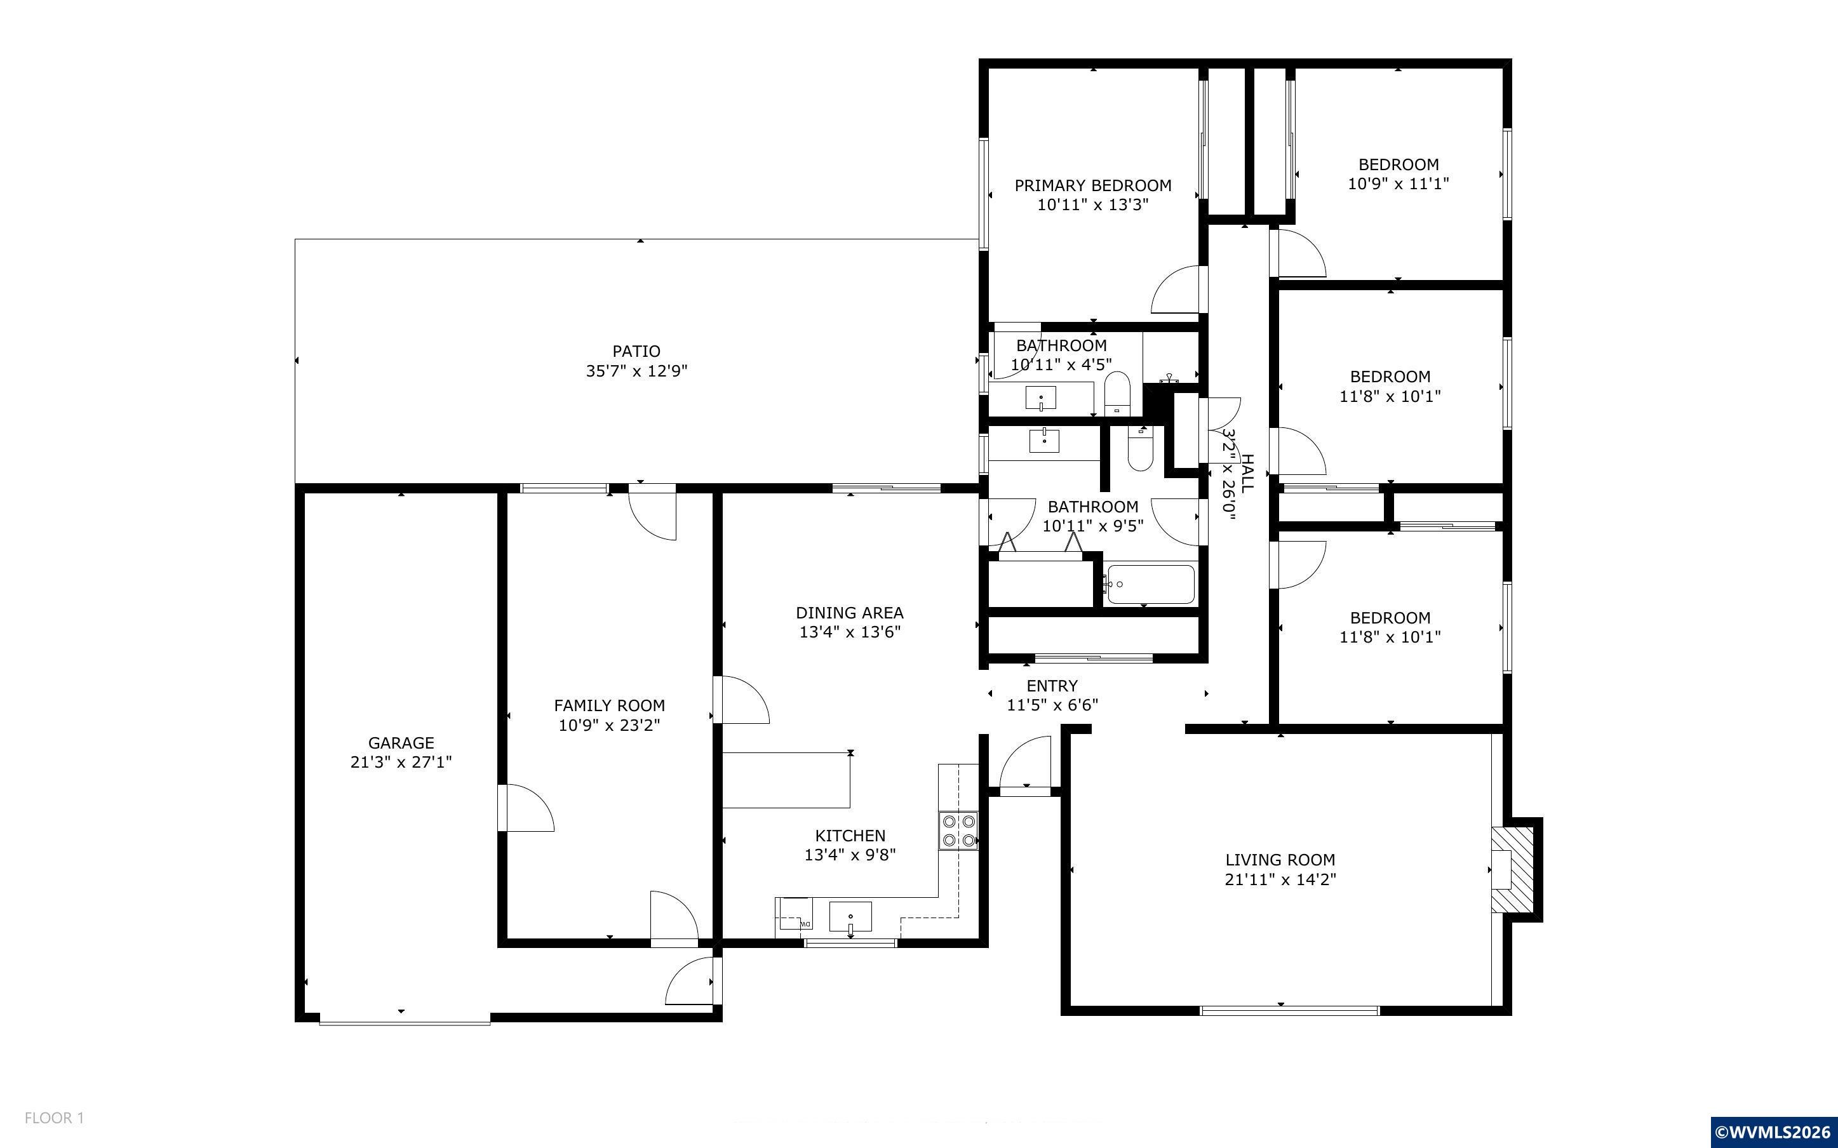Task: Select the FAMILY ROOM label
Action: [610, 705]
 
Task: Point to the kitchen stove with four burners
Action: [958, 831]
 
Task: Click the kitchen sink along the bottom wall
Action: [850, 917]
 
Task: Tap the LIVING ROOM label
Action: [1280, 860]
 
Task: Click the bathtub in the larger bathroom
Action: [1150, 584]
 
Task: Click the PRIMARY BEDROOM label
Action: [1092, 185]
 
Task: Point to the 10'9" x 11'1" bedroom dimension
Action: [1399, 184]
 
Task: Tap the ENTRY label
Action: [1052, 686]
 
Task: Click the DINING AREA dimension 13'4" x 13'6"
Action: [850, 632]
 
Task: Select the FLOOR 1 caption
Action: [54, 1118]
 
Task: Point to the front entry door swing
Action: [1025, 764]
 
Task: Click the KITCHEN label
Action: [850, 835]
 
